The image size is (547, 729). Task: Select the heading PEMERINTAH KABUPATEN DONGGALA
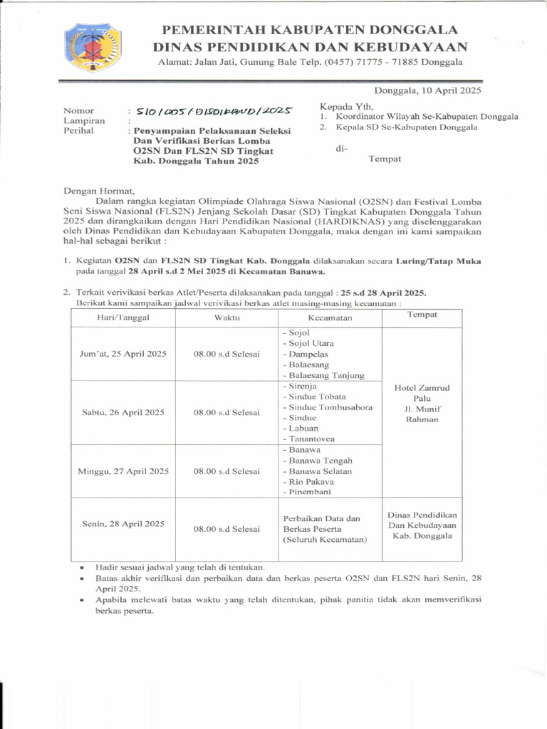tap(310, 29)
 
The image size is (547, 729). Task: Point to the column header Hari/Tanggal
tap(123, 317)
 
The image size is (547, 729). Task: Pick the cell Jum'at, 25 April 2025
tap(123, 354)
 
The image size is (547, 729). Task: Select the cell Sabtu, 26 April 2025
tap(123, 412)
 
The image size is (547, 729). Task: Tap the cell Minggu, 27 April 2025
tap(123, 471)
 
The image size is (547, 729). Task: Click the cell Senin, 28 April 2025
tap(123, 523)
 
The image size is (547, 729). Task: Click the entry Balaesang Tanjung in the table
tap(323, 375)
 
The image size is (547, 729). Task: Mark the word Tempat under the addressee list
tap(385, 158)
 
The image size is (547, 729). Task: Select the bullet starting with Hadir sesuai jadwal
tap(170, 567)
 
